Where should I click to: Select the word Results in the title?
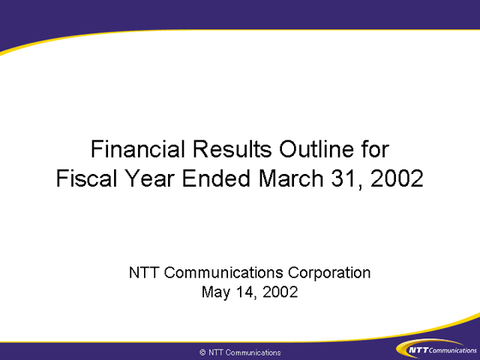tap(232, 149)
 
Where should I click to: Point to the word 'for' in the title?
tap(375, 149)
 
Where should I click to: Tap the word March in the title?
tap(291, 178)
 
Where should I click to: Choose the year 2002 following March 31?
tap(397, 178)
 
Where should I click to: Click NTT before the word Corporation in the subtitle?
tap(143, 272)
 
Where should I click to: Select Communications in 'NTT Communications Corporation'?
tap(223, 272)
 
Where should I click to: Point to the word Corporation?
tap(329, 273)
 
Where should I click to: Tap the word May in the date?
tap(216, 292)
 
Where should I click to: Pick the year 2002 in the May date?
tap(280, 292)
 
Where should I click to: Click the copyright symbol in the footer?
tap(202, 352)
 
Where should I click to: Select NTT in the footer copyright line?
tap(215, 352)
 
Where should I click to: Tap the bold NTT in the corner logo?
tap(418, 350)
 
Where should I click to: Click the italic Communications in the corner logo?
tap(452, 350)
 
